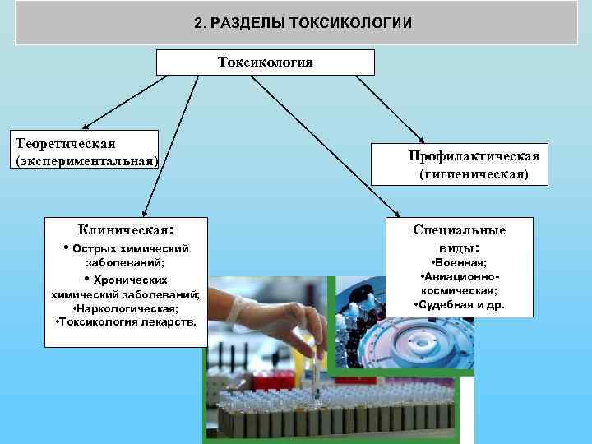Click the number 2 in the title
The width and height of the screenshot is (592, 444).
point(198,22)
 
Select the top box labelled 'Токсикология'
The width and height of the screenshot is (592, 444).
point(265,62)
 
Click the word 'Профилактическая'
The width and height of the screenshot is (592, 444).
point(474,156)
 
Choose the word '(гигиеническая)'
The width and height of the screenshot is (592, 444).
point(474,174)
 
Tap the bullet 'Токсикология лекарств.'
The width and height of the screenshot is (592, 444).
point(125,321)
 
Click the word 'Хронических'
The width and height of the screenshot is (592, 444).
point(132,280)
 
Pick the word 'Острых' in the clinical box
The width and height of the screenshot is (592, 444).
point(90,248)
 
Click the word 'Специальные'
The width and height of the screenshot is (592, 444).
point(460,229)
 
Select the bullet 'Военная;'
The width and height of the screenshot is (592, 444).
point(460,262)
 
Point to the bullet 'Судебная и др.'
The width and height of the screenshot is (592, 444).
point(460,304)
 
